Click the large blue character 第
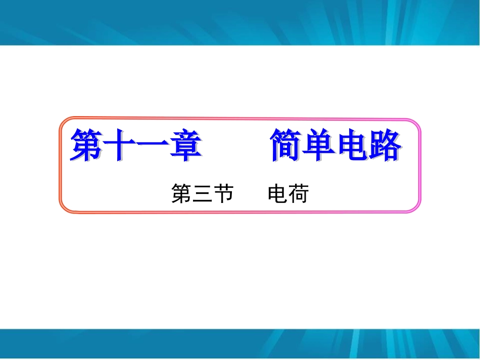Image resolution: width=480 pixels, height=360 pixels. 86,145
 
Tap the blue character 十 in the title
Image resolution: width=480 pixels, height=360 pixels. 120,145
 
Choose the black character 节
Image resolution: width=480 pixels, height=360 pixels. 223,194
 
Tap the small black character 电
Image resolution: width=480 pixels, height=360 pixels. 277,194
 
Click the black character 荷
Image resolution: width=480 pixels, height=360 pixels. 298,194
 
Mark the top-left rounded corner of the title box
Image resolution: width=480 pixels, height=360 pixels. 65,123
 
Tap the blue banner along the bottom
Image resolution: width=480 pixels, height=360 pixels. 240,344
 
